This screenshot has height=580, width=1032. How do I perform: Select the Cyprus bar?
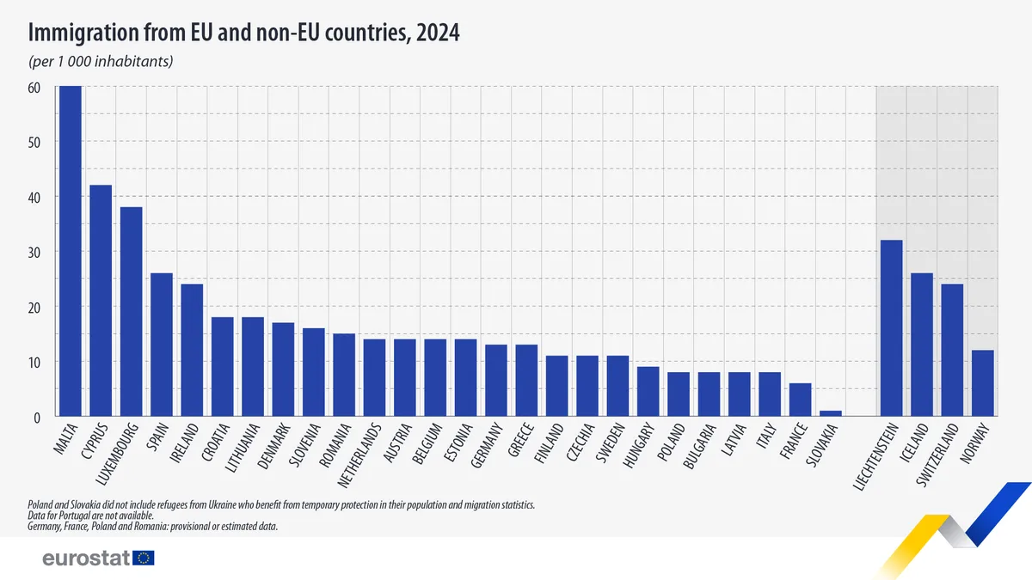[101, 301]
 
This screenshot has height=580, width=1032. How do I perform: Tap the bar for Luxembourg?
[131, 312]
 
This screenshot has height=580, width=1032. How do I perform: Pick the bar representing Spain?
[162, 345]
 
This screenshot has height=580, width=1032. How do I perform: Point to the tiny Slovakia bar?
[830, 414]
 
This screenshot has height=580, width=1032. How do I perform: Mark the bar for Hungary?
[648, 392]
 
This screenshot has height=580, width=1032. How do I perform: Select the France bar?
[800, 400]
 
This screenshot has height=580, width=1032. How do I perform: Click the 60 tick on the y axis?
[35, 87]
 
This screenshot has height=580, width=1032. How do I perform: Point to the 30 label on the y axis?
[35, 252]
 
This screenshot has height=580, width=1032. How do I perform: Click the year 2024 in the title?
[435, 34]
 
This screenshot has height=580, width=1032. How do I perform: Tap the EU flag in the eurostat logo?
[144, 559]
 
